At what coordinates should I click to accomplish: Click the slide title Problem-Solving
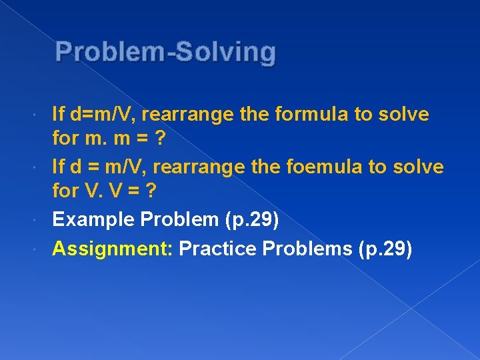[x=165, y=52]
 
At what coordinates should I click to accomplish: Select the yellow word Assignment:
[x=113, y=249]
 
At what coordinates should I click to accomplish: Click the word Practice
[x=218, y=249]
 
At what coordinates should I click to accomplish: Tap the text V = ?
[x=133, y=192]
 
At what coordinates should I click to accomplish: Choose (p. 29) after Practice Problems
[x=385, y=249]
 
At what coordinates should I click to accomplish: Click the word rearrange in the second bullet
[x=208, y=167]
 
